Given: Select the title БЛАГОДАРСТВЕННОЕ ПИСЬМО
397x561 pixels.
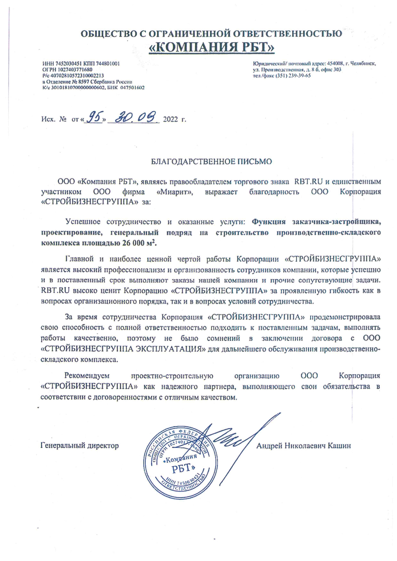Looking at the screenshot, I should click(211, 162).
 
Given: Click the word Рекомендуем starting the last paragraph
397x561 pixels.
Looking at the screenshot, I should click(87, 375).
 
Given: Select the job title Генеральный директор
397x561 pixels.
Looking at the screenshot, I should click(79, 446).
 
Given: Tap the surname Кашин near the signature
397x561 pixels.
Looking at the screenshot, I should click(340, 446).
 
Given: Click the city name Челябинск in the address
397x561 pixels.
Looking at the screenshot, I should click(363, 64).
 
